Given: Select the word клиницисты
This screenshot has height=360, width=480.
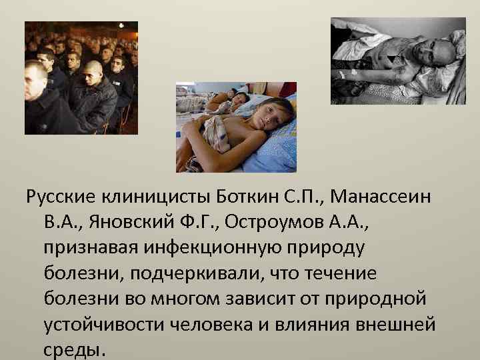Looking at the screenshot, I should pyautogui.click(x=157, y=199).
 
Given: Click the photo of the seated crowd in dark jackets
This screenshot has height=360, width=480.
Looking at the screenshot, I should pyautogui.click(x=81, y=77).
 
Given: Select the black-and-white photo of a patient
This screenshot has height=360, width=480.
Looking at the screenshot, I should pyautogui.click(x=398, y=61).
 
